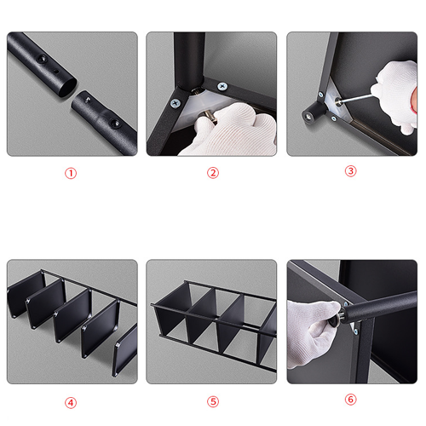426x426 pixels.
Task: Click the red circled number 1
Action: (71, 173)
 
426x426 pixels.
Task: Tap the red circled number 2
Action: (213, 173)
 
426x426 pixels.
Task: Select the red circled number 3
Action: (350, 171)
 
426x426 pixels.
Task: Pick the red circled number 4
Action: (71, 403)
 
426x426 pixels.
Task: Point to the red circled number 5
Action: (213, 402)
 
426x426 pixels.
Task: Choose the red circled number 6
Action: (350, 400)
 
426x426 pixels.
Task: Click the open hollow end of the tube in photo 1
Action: (68, 87)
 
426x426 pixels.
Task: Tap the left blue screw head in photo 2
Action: (176, 103)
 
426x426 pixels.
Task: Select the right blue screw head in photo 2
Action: (222, 86)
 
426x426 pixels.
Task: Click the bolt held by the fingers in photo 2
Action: (209, 118)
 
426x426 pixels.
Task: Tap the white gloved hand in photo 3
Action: (396, 94)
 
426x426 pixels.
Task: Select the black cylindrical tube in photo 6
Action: (382, 305)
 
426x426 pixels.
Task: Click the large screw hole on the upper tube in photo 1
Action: (41, 58)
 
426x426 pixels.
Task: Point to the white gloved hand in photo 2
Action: (230, 130)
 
